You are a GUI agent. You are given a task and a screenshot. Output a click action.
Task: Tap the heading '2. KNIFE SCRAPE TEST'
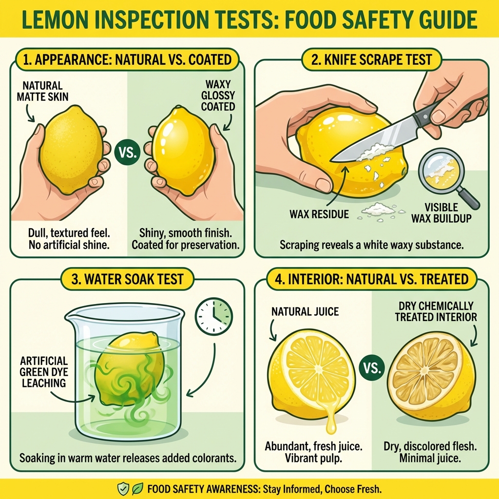click(x=372, y=60)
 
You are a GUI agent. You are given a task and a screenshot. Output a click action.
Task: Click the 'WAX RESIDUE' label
click(x=319, y=214)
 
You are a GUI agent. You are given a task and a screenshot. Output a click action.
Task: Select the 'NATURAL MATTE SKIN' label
click(x=42, y=92)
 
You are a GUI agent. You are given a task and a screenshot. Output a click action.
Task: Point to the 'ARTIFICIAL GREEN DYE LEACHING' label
click(x=43, y=372)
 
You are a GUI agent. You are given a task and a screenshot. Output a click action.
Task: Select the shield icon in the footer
click(x=123, y=489)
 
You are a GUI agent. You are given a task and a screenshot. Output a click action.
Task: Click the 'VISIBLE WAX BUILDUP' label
click(x=441, y=213)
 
